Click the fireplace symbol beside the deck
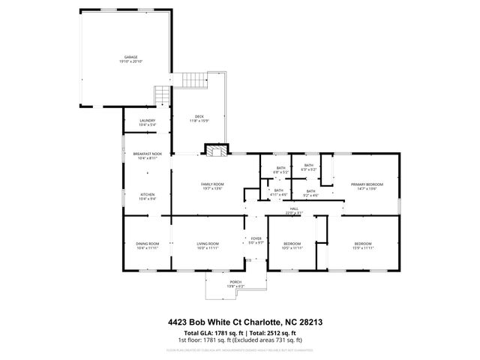click(217, 151)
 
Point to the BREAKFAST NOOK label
click(147, 155)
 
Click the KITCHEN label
click(147, 196)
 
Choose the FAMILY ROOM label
click(212, 186)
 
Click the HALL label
click(294, 210)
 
